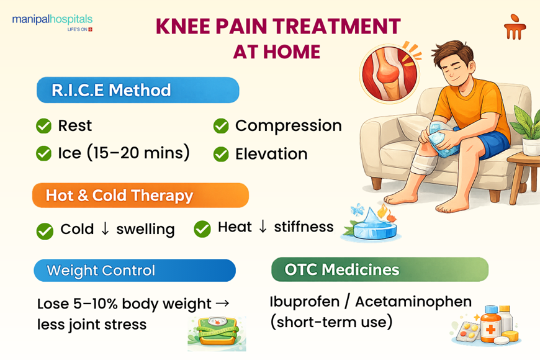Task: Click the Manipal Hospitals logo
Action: point(52,23)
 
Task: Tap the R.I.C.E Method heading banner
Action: point(137,90)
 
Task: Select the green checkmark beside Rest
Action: point(43,126)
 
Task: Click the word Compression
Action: point(288,125)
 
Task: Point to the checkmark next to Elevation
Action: point(221,154)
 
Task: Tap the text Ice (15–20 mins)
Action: point(124,153)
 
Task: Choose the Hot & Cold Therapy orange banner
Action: point(140,196)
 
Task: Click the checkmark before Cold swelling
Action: point(45,230)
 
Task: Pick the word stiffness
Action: point(304,227)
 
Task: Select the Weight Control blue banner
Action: point(134,271)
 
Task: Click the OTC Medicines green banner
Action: point(379,270)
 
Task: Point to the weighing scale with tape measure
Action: point(216,333)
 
